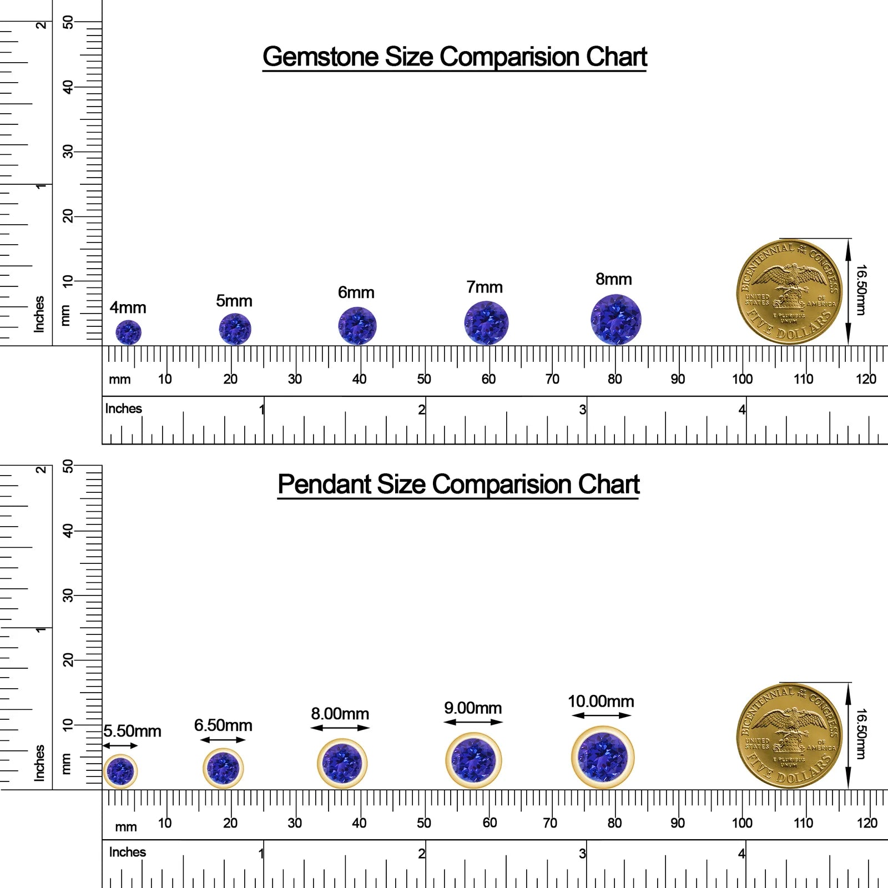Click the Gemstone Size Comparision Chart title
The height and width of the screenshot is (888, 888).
(x=455, y=57)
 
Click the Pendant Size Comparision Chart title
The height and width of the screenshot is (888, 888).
(x=458, y=485)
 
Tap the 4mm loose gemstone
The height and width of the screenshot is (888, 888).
(x=128, y=332)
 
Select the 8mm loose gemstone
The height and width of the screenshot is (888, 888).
(x=616, y=320)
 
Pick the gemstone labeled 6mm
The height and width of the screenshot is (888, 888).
(x=357, y=326)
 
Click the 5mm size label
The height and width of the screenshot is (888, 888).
(x=234, y=301)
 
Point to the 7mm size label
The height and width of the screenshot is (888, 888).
(x=485, y=287)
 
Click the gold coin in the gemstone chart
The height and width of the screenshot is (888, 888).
(x=789, y=292)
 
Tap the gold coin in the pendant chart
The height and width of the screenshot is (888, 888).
(x=789, y=736)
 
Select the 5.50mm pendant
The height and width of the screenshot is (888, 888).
(x=120, y=771)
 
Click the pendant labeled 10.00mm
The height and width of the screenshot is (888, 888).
(x=603, y=757)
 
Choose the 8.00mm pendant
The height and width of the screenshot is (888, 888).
(x=342, y=764)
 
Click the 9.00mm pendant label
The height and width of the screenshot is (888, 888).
(x=473, y=708)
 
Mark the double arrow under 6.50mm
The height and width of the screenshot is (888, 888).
(x=223, y=740)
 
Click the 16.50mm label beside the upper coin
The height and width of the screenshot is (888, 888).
(x=861, y=290)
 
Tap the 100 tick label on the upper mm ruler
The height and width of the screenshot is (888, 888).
(x=742, y=379)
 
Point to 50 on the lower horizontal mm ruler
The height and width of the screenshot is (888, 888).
(x=424, y=823)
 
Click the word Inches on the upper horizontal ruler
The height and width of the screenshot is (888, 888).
(x=124, y=408)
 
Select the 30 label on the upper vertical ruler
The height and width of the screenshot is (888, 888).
(x=68, y=152)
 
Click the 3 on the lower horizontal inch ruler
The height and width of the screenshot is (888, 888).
(x=582, y=854)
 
